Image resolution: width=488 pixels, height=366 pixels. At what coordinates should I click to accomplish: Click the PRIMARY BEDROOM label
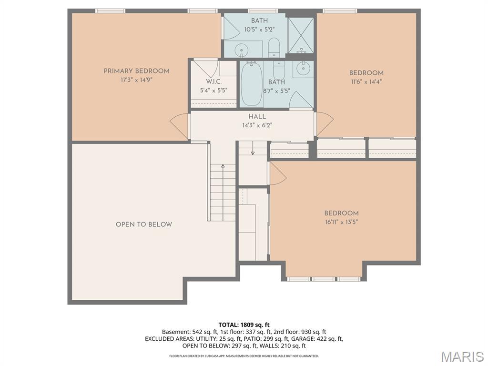pos(136,71)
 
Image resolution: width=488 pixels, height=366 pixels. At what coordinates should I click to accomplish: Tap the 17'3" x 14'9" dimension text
pos(136,80)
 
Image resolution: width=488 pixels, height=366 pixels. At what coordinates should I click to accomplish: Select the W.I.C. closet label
pos(213,81)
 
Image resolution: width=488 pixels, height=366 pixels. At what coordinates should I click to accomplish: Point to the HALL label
pos(257,117)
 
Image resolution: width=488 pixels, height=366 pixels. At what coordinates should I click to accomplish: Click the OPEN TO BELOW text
pos(144,224)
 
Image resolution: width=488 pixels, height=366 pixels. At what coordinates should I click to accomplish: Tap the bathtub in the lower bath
pos(251,85)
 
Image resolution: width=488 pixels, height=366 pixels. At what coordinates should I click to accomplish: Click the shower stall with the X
pos(301,35)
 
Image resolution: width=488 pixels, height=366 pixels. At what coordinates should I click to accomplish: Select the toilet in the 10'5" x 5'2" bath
pos(274,48)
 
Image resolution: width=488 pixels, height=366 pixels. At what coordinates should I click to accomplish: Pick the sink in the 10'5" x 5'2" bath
pos(243,49)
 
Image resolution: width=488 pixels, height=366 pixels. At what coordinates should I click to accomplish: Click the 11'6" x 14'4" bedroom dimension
pos(366,81)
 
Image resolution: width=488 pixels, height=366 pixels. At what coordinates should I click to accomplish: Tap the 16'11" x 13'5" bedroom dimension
pos(341,222)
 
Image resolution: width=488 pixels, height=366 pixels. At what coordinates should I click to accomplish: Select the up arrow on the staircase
pos(223,167)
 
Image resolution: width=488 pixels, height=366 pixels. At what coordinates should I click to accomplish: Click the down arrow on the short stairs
pos(253,152)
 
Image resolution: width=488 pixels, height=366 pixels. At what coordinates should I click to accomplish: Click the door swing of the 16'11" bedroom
pos(278,174)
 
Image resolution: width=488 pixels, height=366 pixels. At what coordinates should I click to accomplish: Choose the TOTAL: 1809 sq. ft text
pos(244,325)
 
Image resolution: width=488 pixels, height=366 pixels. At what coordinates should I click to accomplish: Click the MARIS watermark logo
pos(462,356)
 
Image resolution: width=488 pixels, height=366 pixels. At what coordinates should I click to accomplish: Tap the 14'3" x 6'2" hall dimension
pos(257,125)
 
